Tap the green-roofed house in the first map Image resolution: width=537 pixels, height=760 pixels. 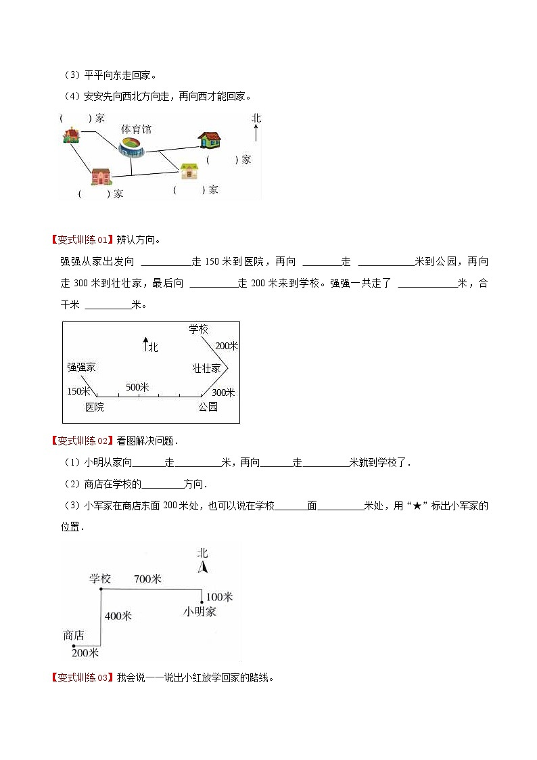[210, 140]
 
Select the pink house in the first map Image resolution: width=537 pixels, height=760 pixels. [101, 176]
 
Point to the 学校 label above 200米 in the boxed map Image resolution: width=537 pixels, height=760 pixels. [198, 329]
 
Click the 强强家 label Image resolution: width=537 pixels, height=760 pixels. [81, 367]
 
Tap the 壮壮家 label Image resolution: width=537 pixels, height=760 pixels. [206, 368]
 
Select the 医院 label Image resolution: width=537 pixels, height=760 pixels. [95, 407]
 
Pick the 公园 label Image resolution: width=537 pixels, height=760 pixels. [208, 407]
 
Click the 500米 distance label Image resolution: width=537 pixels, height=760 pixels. [137, 387]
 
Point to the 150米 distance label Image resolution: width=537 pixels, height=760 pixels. [78, 391]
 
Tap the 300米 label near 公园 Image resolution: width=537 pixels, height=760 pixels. [223, 393]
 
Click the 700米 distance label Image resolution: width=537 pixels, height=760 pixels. [147, 579]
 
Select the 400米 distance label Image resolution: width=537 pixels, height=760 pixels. [118, 616]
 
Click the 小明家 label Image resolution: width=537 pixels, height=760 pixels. [200, 611]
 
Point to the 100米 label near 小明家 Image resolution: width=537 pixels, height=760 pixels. [219, 597]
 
